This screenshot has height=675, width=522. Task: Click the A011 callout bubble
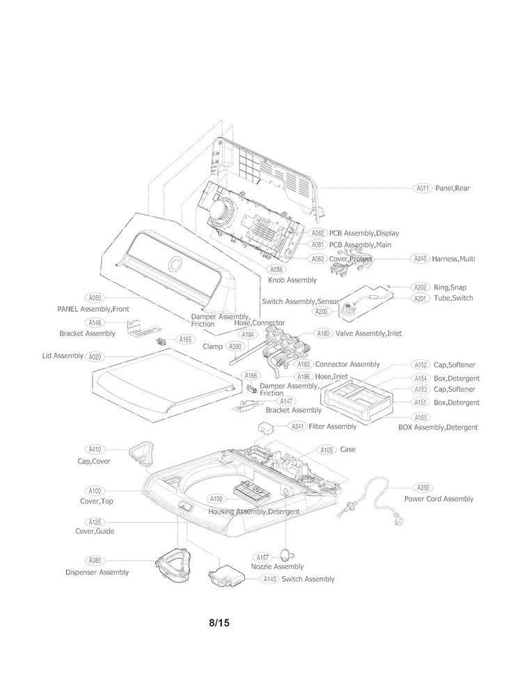[x=422, y=188]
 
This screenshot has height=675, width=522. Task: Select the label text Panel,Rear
[x=452, y=188]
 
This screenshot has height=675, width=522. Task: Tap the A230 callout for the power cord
[x=422, y=487]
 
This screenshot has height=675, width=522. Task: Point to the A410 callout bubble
[x=95, y=449]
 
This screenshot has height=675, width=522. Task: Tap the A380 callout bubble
[x=95, y=560]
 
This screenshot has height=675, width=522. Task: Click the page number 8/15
[x=219, y=623]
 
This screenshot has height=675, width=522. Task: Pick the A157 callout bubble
[x=262, y=557]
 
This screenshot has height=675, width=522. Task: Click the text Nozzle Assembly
[x=277, y=566]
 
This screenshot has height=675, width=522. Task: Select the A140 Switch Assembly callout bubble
[x=270, y=579]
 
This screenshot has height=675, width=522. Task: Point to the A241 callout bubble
[x=297, y=427]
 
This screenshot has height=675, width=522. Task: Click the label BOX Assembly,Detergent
[x=438, y=427]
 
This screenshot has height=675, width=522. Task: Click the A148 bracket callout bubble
[x=95, y=322]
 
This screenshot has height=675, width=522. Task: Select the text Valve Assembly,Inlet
[x=369, y=333]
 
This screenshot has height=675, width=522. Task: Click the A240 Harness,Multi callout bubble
[x=420, y=259]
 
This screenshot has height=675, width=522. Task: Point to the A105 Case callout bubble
[x=327, y=450]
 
